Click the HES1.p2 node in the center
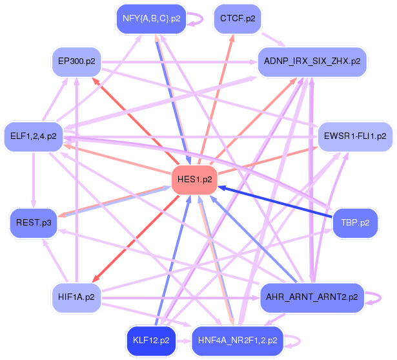[194, 178]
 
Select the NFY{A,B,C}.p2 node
[152, 18]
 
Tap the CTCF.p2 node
[237, 18]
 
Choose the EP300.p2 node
[76, 61]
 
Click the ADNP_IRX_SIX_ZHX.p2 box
[312, 61]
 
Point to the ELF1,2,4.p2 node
[34, 136]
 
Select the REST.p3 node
[34, 222]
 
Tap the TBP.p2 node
[355, 222]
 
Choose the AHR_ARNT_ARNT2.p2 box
[312, 297]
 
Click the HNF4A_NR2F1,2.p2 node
[238, 339]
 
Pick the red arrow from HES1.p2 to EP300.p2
[132, 116]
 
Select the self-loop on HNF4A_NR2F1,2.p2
[294, 339]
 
